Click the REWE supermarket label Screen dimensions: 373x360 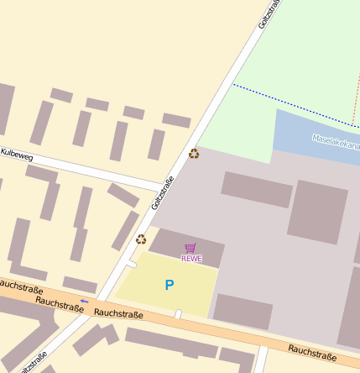(191, 258)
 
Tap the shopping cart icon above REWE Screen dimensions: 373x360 (190, 248)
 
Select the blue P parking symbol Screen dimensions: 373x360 (169, 286)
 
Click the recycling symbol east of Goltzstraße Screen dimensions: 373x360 (194, 154)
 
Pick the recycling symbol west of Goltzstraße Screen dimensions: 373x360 (141, 239)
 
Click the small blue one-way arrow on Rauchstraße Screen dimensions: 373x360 (84, 301)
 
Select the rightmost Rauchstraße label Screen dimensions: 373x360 (312, 349)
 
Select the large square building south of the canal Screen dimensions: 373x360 (317, 212)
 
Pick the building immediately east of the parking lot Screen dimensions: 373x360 (243, 311)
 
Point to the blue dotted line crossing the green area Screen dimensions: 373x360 (294, 103)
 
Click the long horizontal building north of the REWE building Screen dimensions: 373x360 (257, 190)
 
